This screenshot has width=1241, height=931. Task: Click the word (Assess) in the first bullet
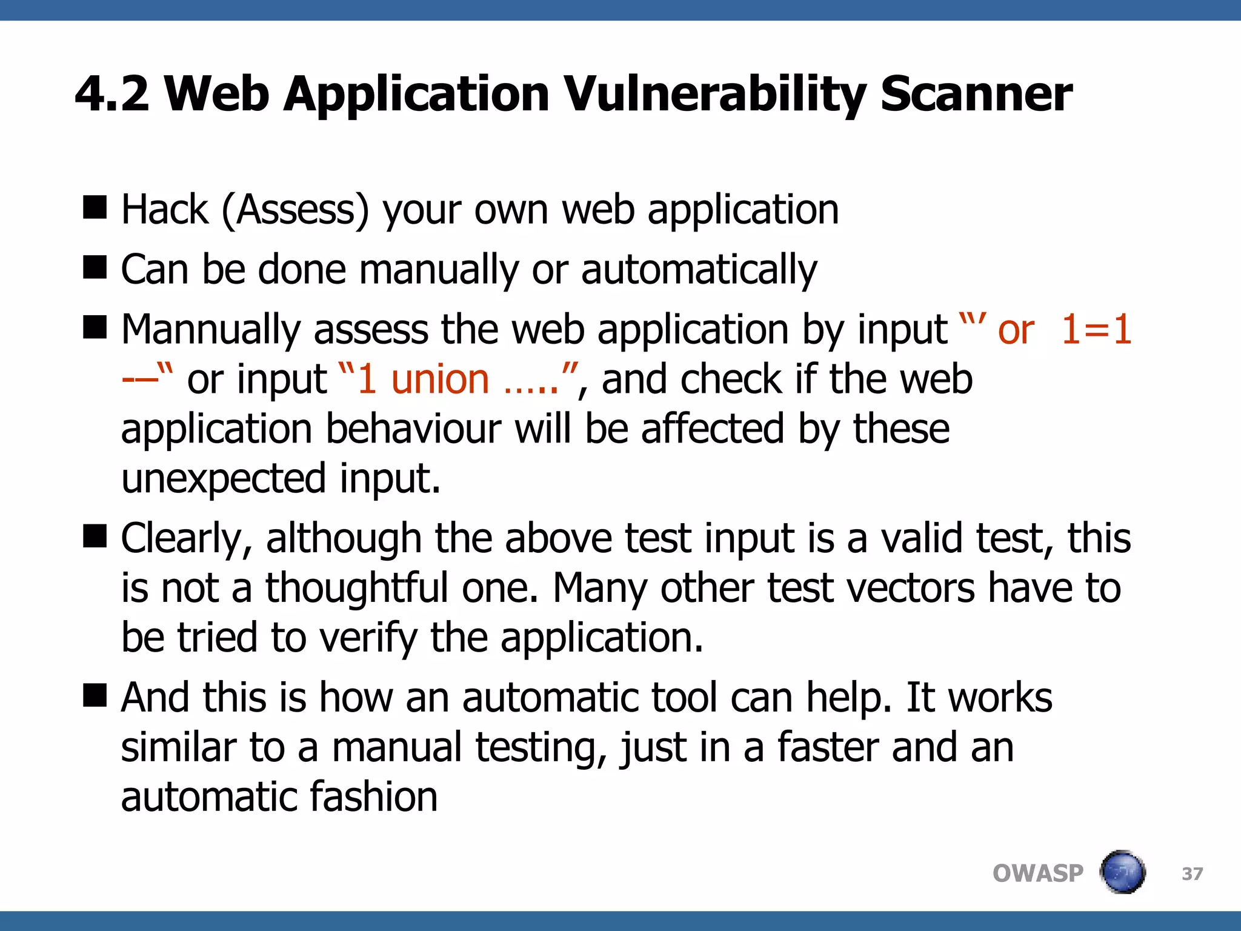[295, 210]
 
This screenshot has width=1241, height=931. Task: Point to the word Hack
[164, 210]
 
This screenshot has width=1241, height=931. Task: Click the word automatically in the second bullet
[699, 270]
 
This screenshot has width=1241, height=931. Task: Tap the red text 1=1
[1096, 330]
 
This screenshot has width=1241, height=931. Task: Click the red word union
[440, 379]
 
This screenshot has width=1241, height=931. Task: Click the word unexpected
[224, 479]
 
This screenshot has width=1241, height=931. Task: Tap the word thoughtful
[356, 589]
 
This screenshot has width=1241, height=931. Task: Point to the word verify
[368, 638]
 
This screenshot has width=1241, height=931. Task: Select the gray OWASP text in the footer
[1037, 873]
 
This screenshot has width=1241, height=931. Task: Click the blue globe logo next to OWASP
[1123, 872]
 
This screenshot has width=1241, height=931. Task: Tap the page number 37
[1192, 873]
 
